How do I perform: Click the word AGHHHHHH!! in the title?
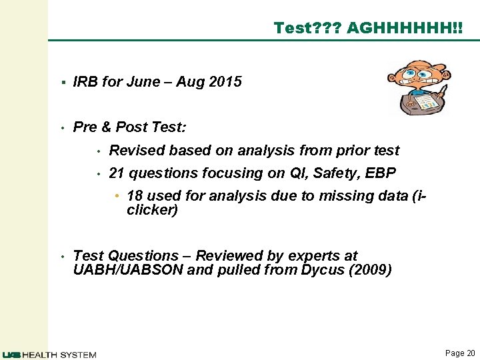pos(404,27)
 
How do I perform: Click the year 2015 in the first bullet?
pos(225,82)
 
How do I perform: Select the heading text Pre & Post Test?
pos(130,127)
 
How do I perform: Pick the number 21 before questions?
pos(117,173)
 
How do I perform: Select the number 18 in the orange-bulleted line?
pos(135,196)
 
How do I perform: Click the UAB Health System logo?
pos(49,354)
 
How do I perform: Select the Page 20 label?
pos(460,353)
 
